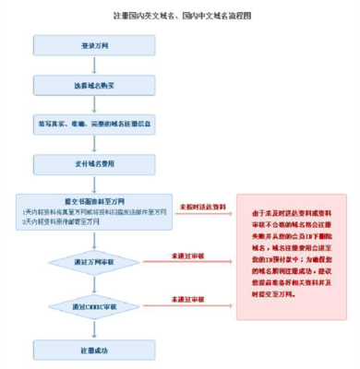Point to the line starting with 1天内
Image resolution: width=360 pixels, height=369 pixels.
click(x=92, y=212)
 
